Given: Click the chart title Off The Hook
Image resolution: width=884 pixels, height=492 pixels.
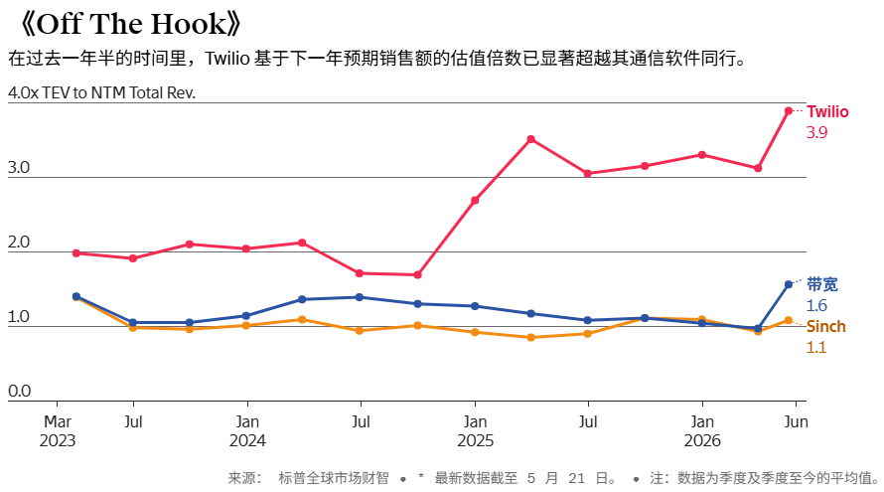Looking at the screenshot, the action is pos(131,24).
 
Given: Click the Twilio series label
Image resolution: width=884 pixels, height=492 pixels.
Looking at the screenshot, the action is pos(827,111).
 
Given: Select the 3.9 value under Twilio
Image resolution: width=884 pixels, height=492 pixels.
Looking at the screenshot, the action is pos(816,132).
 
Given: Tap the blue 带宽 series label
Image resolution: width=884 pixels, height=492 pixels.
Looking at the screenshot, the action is pos(822,284).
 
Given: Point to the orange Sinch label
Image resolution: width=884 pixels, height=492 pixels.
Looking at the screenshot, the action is pos(826,326).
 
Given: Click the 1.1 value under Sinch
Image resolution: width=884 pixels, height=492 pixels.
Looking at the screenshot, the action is pos(815,347).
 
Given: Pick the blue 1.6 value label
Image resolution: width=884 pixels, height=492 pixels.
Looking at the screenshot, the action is pos(816,305).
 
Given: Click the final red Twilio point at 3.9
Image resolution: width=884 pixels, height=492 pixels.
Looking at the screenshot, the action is pos(789,111).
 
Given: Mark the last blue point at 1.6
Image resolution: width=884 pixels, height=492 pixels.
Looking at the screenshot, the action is pos(789,285).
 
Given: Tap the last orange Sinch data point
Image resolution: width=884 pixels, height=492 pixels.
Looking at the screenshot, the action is pos(789,320).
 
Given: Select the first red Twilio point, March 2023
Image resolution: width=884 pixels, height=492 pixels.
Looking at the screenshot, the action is pos(76,253).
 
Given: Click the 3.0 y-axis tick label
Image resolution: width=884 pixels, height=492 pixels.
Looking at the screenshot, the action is pos(19,168).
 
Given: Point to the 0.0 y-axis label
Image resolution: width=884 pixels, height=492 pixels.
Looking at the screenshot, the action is pos(19,391).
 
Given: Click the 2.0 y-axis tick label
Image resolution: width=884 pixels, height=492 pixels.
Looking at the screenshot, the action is pos(19,243).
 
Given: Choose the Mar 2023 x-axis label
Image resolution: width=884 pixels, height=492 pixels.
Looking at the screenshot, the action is pos(58,431).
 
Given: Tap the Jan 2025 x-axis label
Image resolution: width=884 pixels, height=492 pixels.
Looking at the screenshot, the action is pos(475,431).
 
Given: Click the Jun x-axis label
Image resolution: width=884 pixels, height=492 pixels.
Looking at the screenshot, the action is pos(796,422).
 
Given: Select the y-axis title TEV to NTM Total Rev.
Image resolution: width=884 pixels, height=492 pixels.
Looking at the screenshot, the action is pos(119,92).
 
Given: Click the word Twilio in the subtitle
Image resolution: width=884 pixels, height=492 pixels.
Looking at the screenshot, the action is pos(227,58).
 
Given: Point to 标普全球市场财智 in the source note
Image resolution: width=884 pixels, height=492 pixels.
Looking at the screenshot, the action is pos(334,478).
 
